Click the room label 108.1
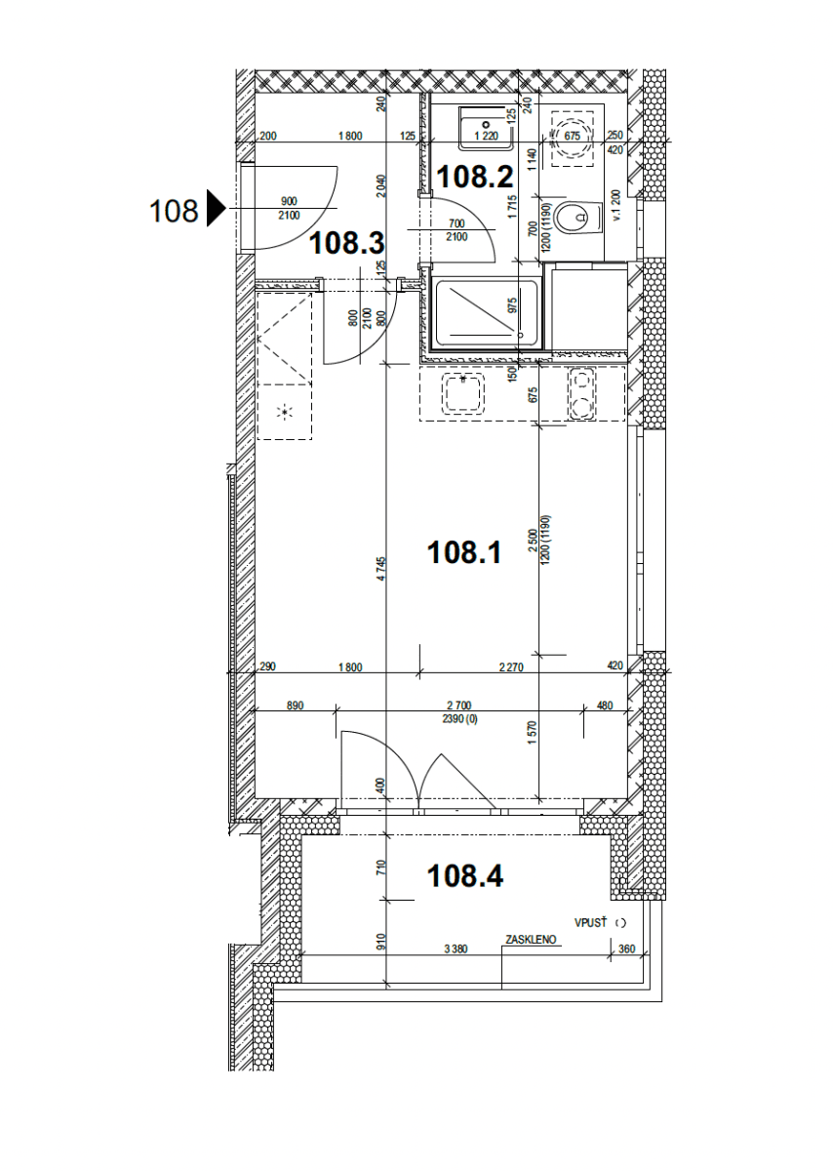pyautogui.click(x=464, y=553)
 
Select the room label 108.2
pyautogui.click(x=475, y=177)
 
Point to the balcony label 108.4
pyautogui.click(x=465, y=876)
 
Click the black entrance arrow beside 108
pyautogui.click(x=216, y=210)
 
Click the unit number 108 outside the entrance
pyautogui.click(x=174, y=210)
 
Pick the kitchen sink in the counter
pyautogui.click(x=463, y=393)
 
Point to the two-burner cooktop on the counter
pyautogui.click(x=582, y=393)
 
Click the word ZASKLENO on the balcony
pyautogui.click(x=531, y=941)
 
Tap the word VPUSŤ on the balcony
pyautogui.click(x=591, y=921)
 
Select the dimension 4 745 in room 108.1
pyautogui.click(x=383, y=568)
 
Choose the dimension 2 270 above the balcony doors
pyautogui.click(x=512, y=667)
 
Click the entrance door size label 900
pyautogui.click(x=289, y=201)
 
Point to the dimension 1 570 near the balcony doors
pyautogui.click(x=533, y=732)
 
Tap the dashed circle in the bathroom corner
pyautogui.click(x=572, y=137)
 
